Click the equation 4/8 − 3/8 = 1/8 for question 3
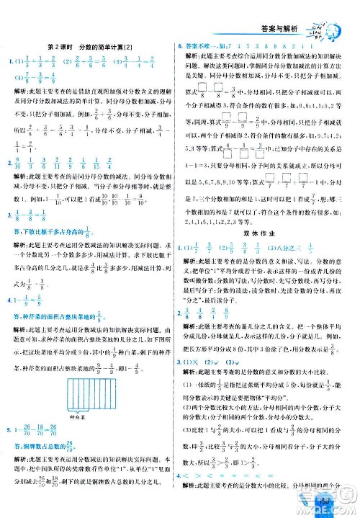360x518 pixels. click(32, 234)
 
